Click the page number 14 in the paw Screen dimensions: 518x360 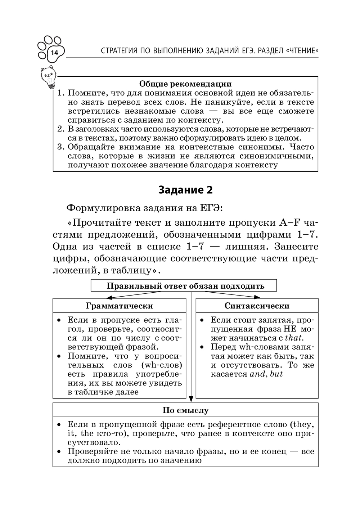54,53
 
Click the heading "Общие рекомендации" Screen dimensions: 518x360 185,84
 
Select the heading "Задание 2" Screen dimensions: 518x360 185,190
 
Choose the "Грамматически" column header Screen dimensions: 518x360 119,306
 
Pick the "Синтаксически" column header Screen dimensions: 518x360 257,306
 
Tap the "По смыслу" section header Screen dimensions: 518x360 185,410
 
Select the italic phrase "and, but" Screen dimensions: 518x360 266,374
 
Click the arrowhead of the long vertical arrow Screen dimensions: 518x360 191,399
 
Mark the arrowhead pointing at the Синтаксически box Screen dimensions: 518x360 257,297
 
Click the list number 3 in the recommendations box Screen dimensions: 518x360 60,147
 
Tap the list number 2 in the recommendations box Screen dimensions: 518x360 60,129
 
